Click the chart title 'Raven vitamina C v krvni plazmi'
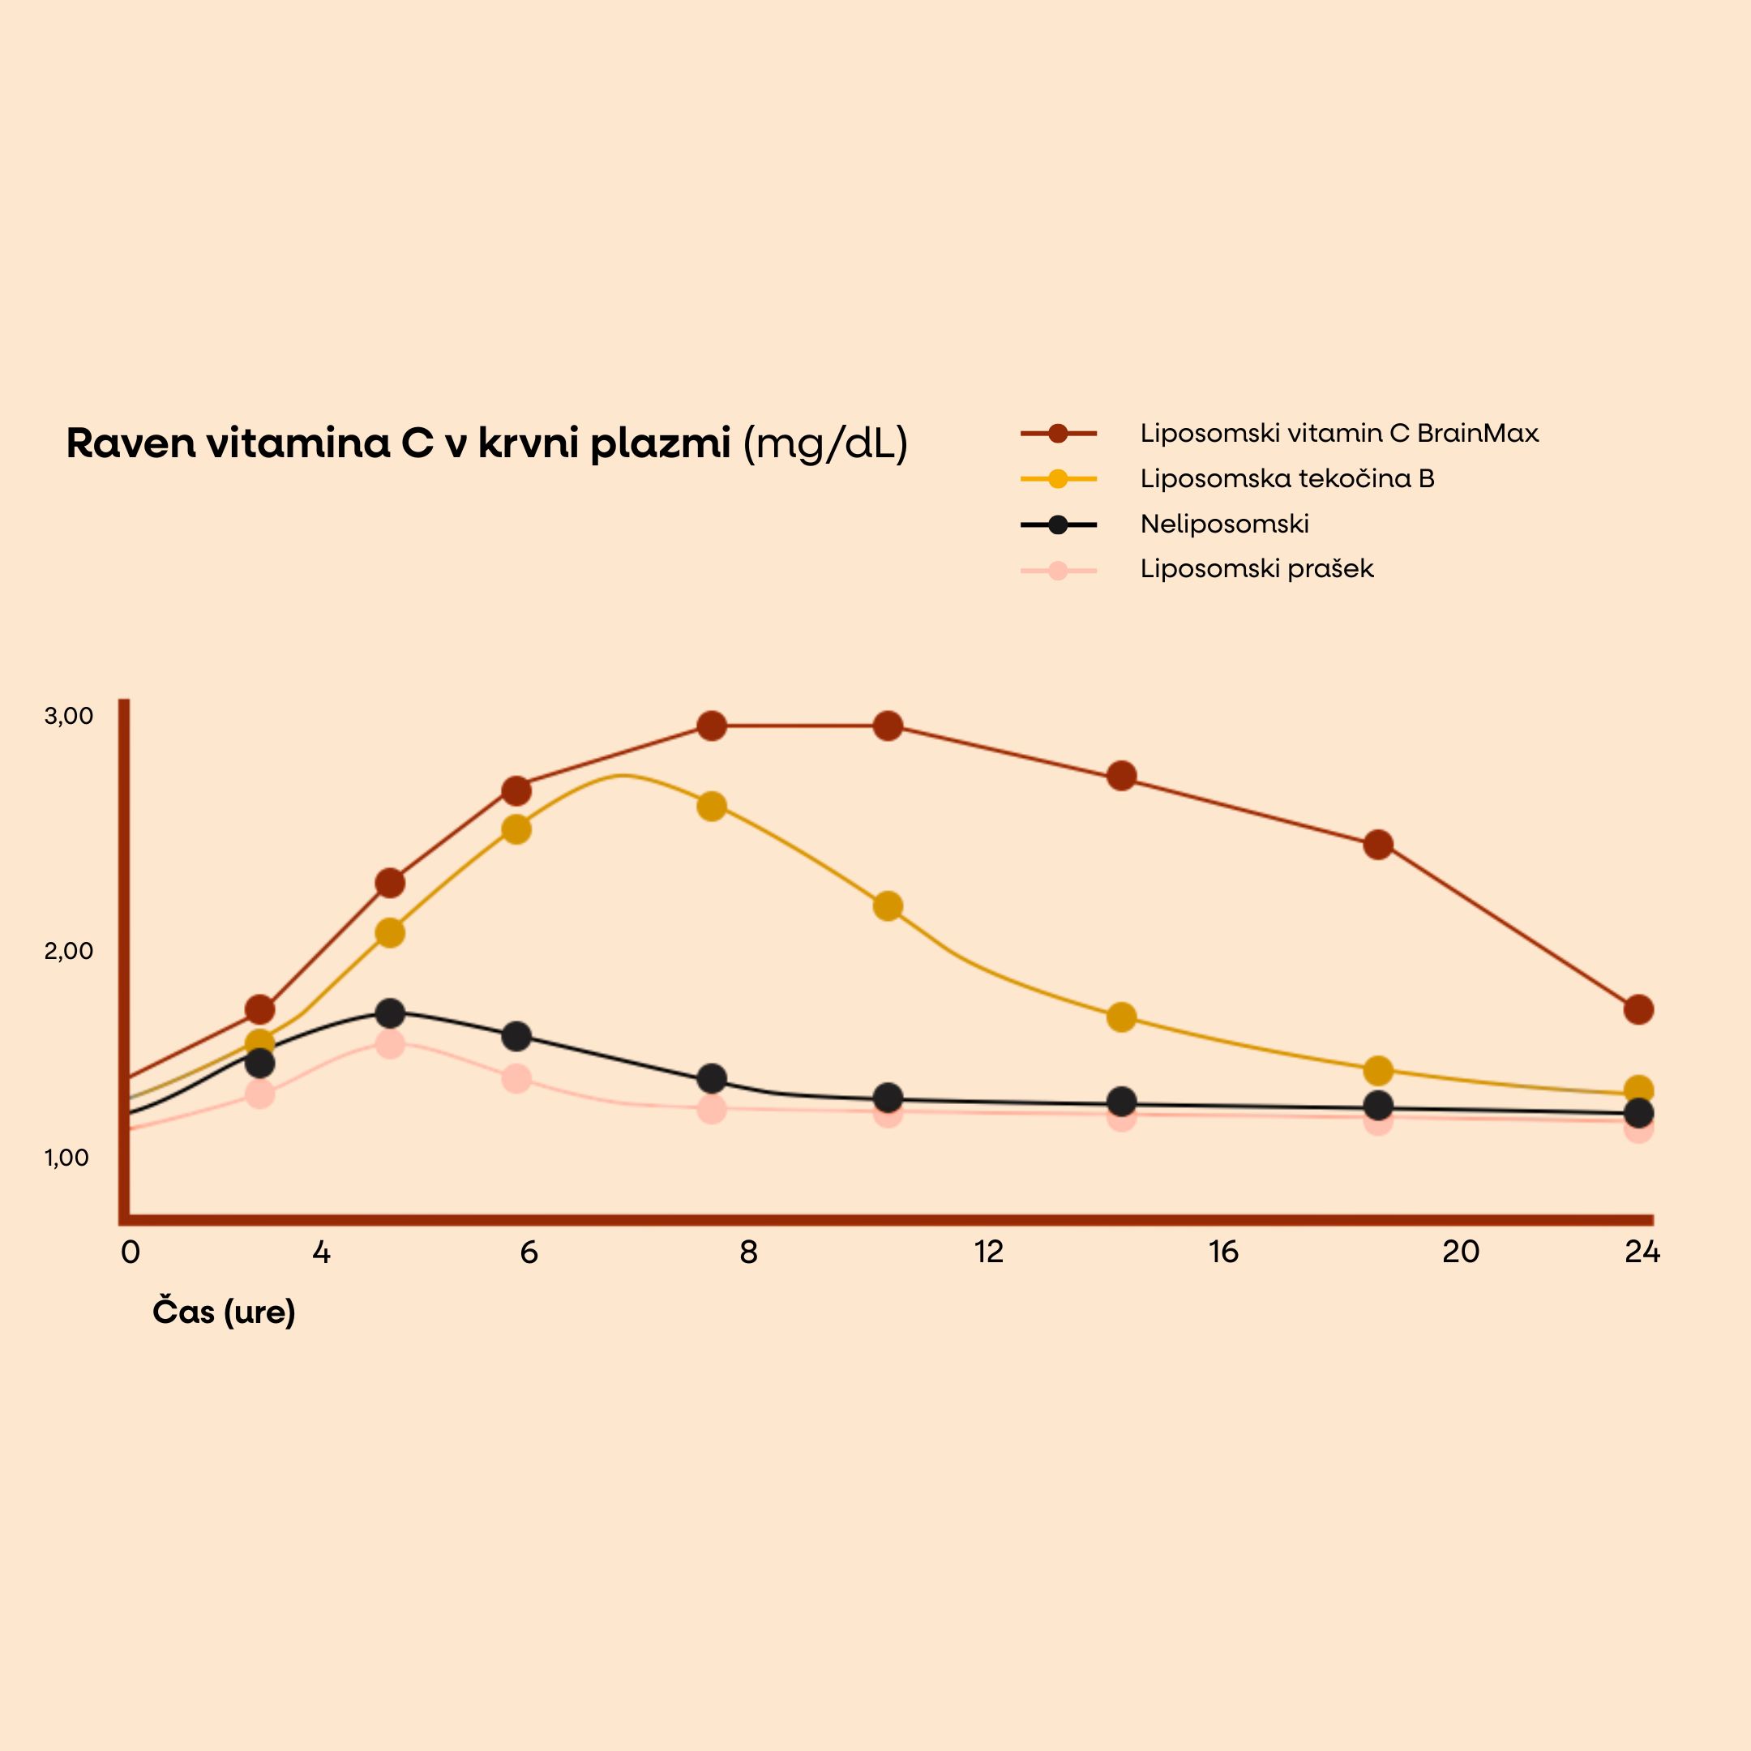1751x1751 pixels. (x=398, y=444)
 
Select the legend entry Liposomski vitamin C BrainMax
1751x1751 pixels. (x=1338, y=433)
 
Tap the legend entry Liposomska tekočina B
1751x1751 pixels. (x=1287, y=478)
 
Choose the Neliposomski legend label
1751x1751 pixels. (x=1223, y=524)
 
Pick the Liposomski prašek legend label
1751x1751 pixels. (x=1257, y=569)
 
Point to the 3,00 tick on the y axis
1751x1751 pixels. (x=69, y=716)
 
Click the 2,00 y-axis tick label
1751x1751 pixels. (x=69, y=951)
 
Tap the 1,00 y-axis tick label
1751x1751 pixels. (x=67, y=1158)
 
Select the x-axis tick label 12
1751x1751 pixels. (x=989, y=1252)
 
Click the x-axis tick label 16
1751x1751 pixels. (x=1222, y=1252)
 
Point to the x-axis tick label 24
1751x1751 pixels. (x=1642, y=1252)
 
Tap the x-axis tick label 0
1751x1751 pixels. (x=131, y=1252)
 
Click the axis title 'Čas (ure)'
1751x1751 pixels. (x=224, y=1312)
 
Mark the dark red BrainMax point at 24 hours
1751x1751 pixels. (x=1638, y=1008)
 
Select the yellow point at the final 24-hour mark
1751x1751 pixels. (x=1638, y=1090)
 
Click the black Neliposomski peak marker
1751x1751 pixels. (x=390, y=1012)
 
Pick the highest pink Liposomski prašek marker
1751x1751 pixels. (x=390, y=1044)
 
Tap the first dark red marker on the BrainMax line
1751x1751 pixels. (x=260, y=1008)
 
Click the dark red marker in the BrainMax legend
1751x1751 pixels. (x=1058, y=433)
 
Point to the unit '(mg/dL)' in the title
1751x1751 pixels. (x=824, y=444)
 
